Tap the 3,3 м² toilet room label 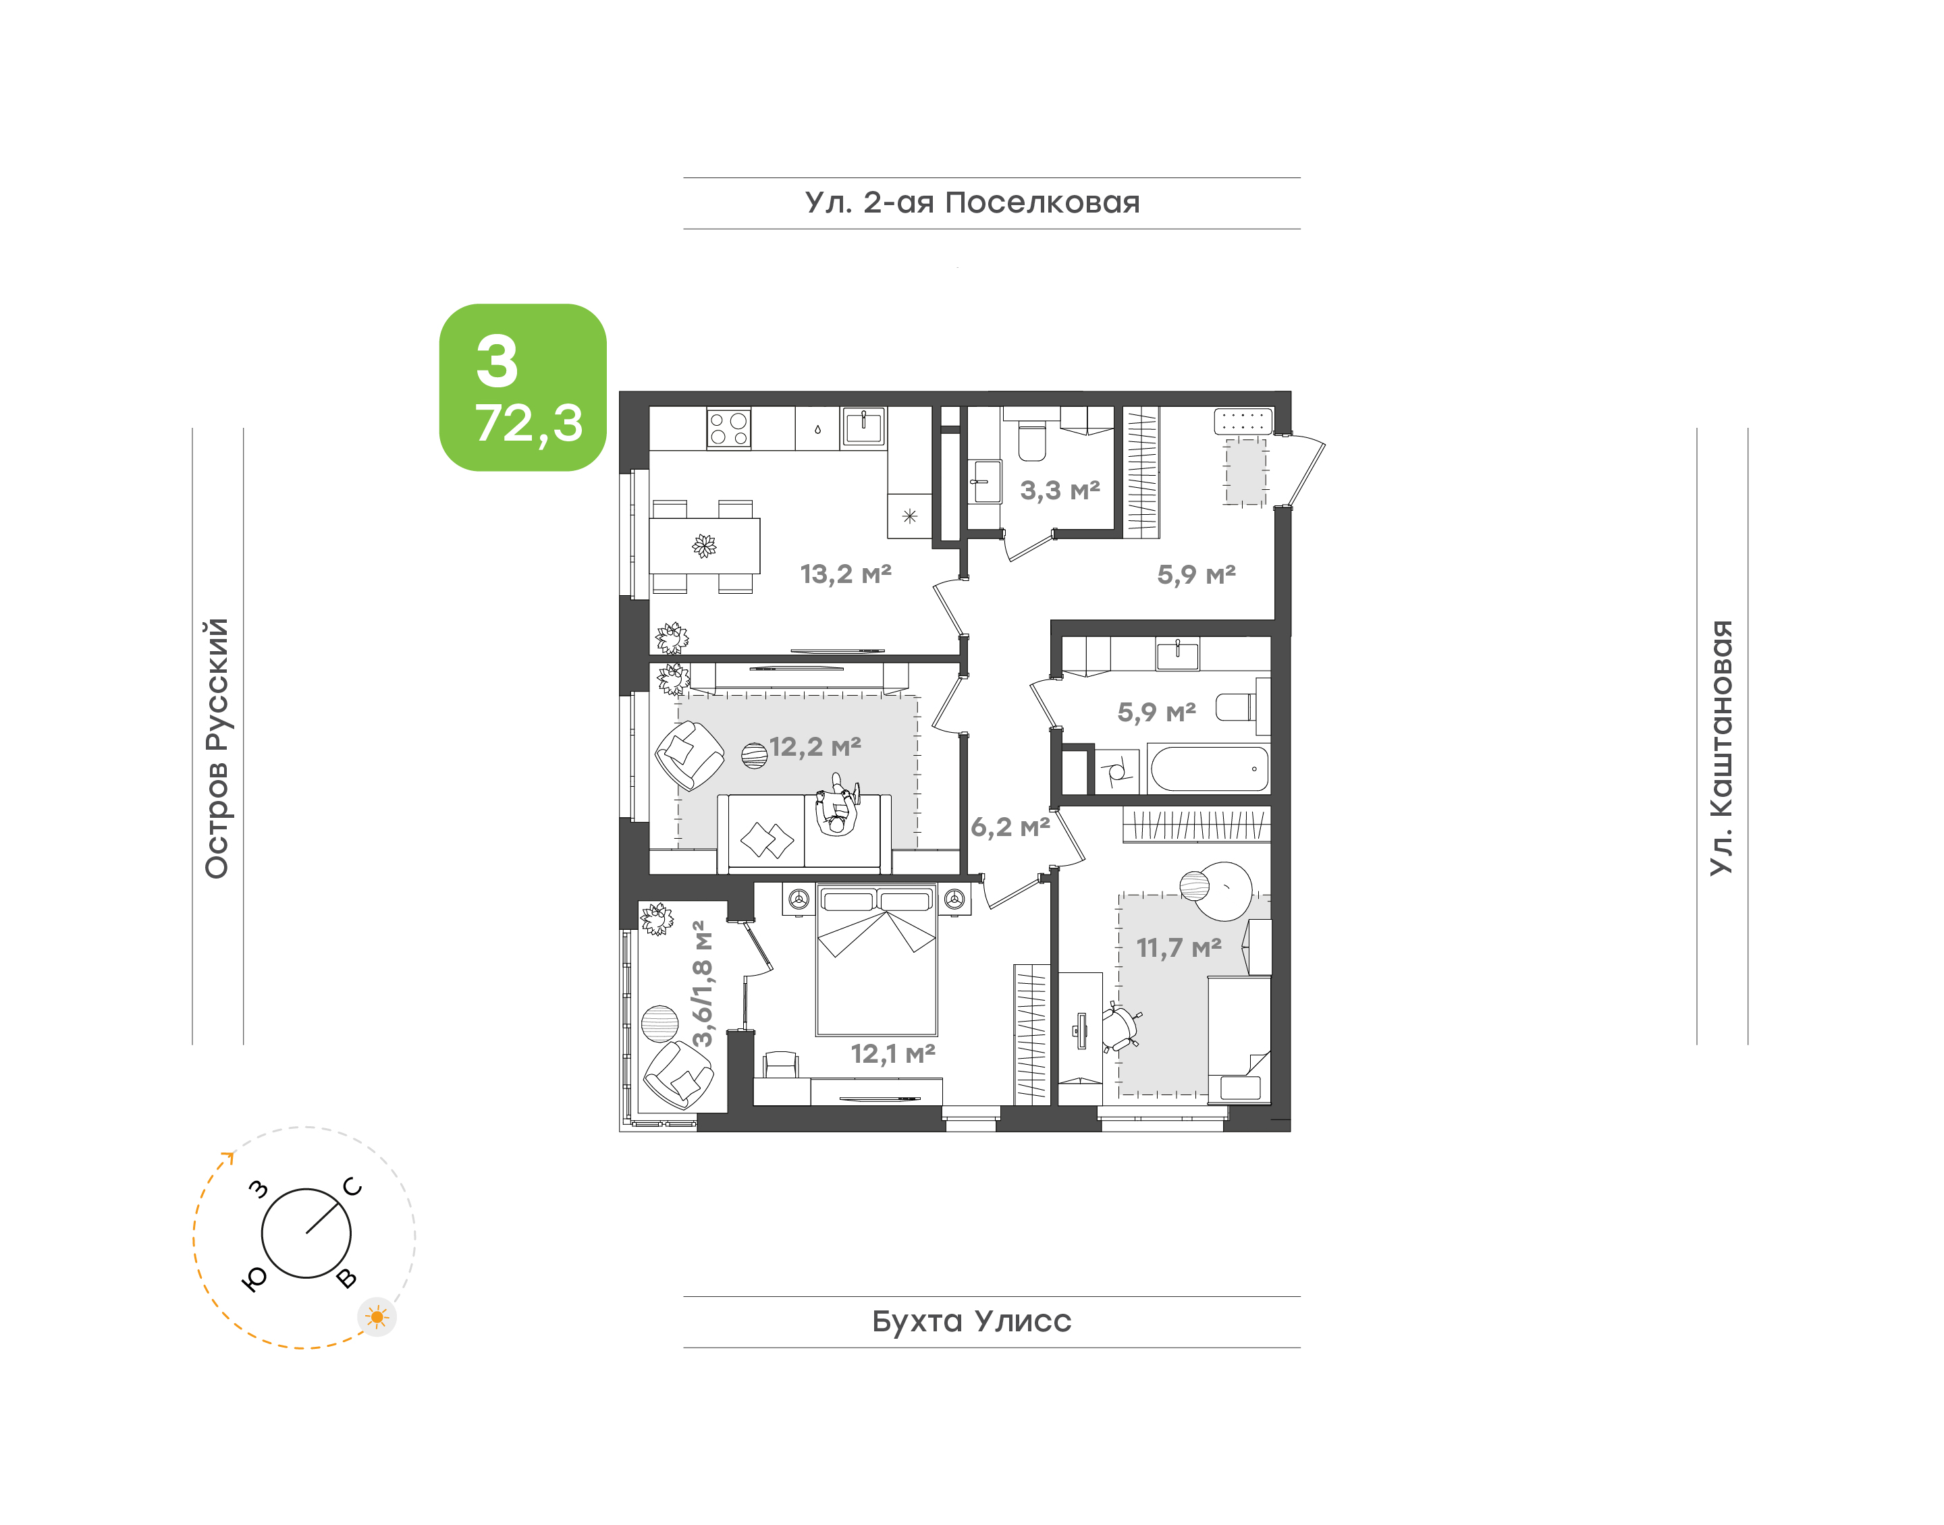click(1059, 489)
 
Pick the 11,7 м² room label click(1178, 947)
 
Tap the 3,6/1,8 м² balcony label click(703, 983)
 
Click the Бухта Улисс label click(971, 1321)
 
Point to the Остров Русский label click(217, 748)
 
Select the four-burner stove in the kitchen click(729, 428)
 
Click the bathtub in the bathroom click(1209, 769)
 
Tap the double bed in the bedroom click(877, 960)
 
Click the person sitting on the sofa click(837, 806)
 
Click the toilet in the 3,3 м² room click(1031, 440)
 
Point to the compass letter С click(353, 1187)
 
